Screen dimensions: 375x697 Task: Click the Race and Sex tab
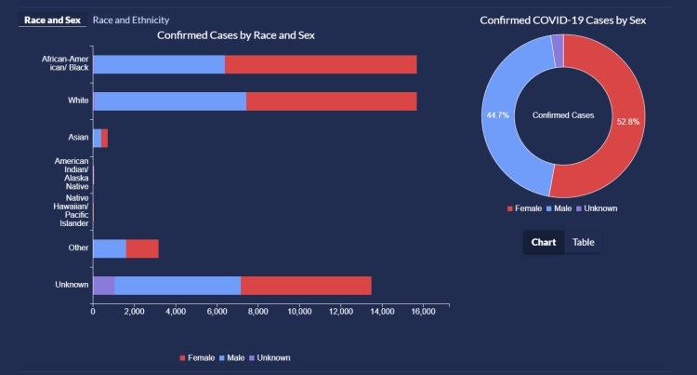coord(53,20)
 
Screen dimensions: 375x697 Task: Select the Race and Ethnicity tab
coord(131,20)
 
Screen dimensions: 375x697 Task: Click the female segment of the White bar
coord(331,100)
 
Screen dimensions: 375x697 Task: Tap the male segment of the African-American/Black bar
coord(159,64)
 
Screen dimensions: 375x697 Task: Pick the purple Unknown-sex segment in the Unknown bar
coord(103,285)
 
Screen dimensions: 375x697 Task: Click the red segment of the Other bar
coord(142,248)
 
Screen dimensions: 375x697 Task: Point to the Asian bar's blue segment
coord(97,138)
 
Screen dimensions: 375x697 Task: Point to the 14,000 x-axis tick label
coord(381,313)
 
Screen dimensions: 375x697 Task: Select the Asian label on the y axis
coord(78,138)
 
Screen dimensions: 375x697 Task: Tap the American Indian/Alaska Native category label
coord(72,174)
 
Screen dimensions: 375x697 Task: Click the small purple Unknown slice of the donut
coord(557,50)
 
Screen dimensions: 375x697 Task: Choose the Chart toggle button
coord(544,242)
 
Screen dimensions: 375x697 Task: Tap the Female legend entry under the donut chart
coord(526,208)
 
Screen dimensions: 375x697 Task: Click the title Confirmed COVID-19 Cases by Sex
coord(563,20)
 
